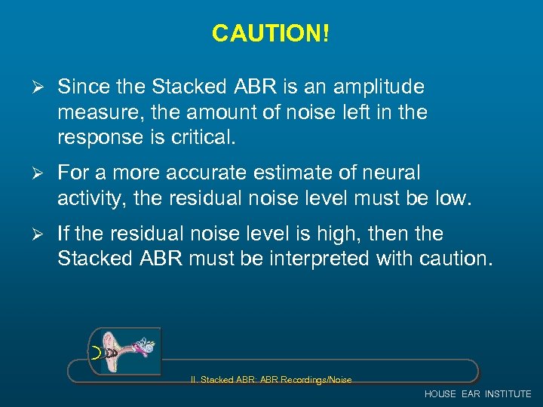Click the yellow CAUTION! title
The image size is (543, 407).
tap(271, 33)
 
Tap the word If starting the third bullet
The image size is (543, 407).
tap(64, 234)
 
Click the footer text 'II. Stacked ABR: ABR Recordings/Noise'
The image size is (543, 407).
tap(271, 380)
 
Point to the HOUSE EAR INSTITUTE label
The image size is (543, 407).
tap(477, 394)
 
